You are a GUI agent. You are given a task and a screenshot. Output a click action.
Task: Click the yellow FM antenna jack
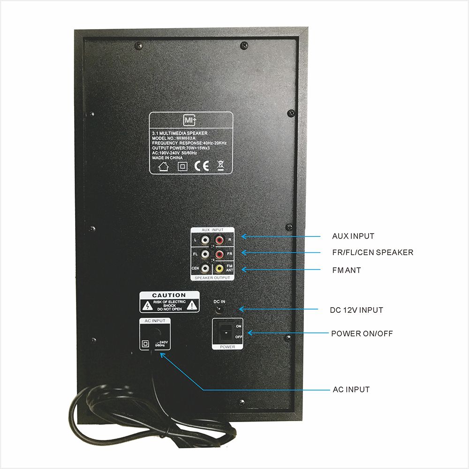(219, 269)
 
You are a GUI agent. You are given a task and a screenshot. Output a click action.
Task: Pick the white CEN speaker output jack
(205, 269)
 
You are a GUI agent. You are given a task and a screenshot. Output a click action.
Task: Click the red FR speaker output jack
(219, 255)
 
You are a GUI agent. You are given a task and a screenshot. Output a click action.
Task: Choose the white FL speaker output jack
(205, 255)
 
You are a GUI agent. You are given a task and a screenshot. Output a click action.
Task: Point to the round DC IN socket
(219, 309)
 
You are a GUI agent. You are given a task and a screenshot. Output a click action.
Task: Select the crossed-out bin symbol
(220, 166)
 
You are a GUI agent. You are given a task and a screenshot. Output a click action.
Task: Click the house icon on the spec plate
(164, 166)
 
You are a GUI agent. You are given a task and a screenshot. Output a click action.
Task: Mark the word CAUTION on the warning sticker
(169, 295)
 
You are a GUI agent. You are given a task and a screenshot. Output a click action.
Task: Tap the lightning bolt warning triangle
(147, 306)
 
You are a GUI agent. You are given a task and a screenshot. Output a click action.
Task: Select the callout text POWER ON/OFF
(362, 334)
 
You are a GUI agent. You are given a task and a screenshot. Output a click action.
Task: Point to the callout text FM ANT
(346, 270)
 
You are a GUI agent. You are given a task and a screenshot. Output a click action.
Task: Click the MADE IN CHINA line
(167, 158)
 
